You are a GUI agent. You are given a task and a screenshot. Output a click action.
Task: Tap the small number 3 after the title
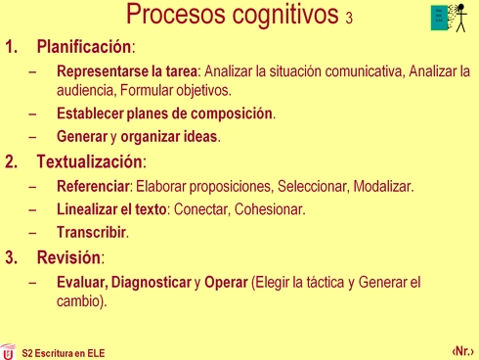point(349,21)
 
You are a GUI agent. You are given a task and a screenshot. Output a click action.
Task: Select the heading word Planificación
point(83,47)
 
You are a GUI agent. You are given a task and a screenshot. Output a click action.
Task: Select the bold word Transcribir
point(92,233)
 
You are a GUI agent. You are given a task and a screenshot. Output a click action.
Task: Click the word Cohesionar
point(270,209)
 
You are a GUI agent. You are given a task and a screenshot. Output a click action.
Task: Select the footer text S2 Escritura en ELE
point(63,351)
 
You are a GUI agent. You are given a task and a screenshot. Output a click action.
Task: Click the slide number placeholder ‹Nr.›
point(462,349)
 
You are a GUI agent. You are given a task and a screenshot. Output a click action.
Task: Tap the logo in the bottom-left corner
point(8,350)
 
